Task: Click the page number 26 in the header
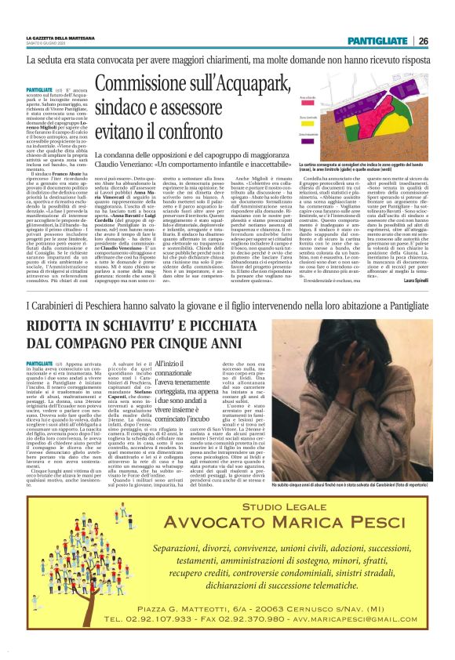(x=423, y=40)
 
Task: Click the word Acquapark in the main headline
(x=233, y=82)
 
